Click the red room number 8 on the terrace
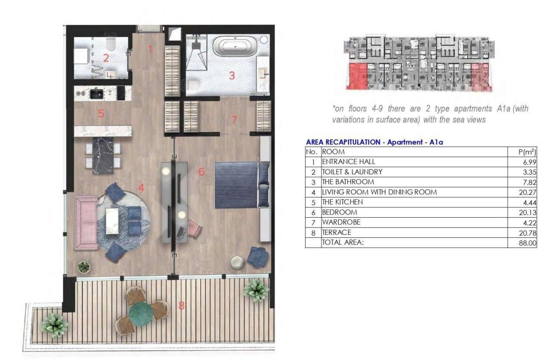coord(182,306)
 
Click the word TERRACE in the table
coord(334,233)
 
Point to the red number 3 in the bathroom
coord(232,76)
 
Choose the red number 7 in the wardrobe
coord(234,120)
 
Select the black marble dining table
coord(102,155)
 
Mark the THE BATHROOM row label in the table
coord(348,182)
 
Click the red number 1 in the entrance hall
coord(150,49)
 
